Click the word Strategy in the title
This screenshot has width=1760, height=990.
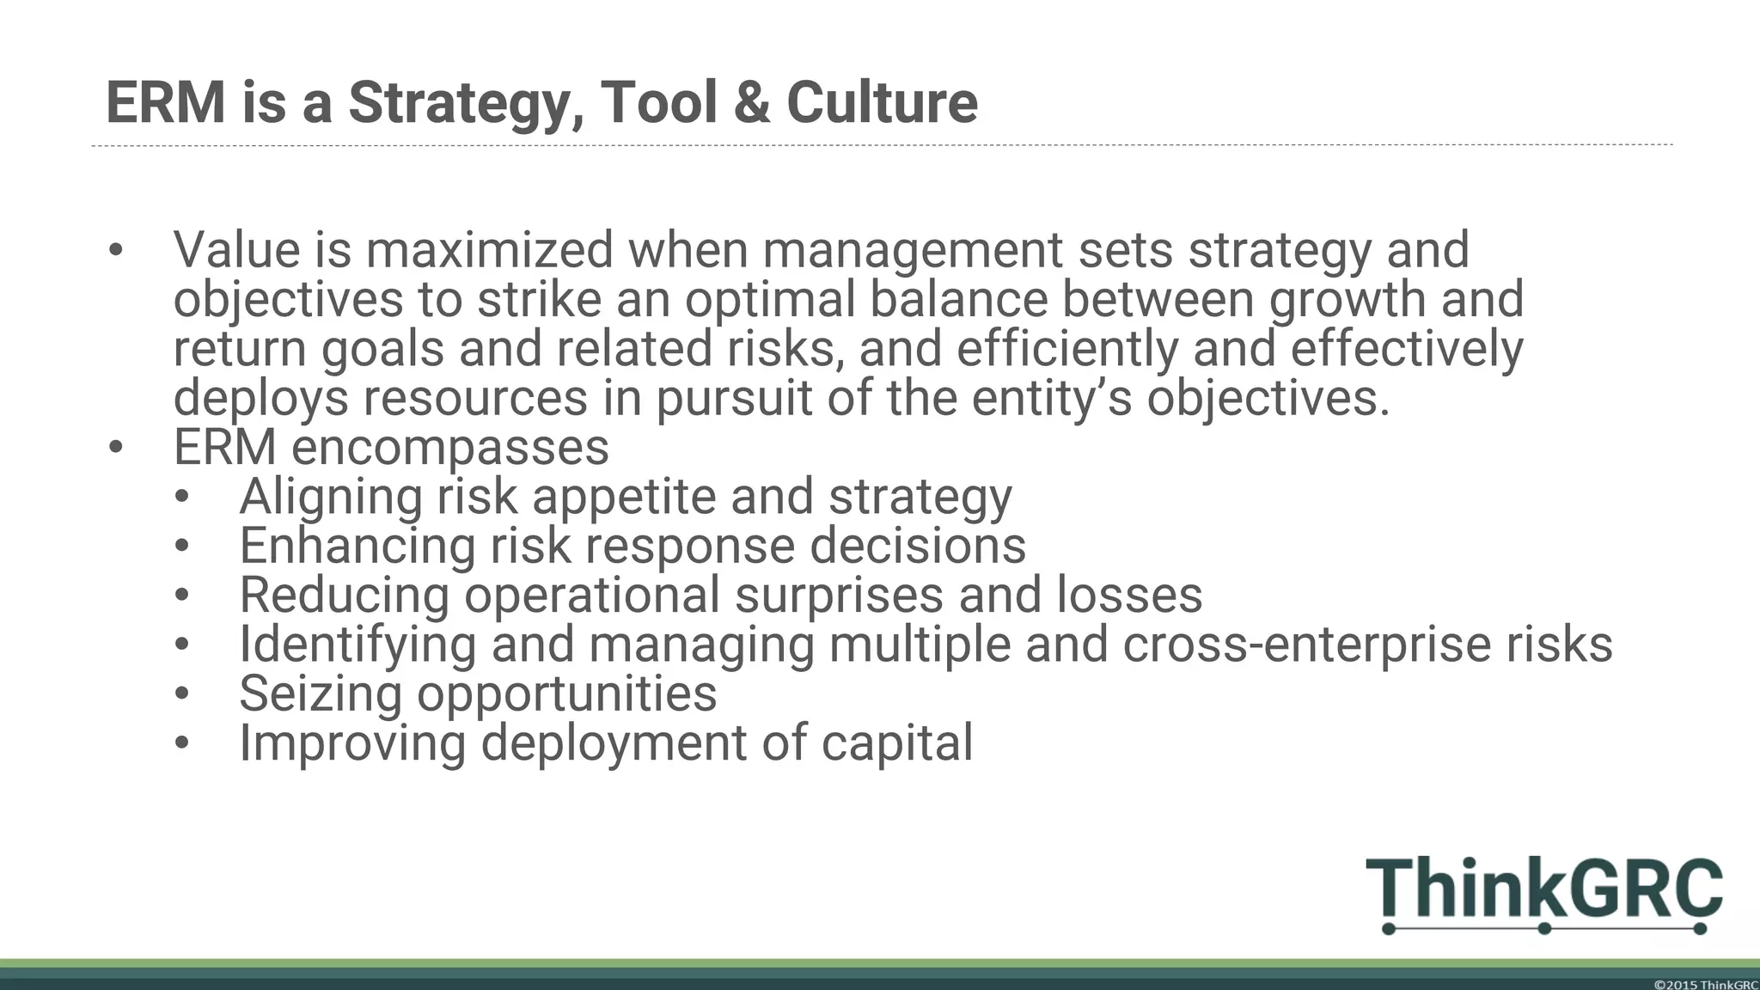459,103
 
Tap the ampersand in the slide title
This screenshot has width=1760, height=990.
752,103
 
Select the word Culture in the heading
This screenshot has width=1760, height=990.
882,103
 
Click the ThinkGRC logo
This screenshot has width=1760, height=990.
1543,894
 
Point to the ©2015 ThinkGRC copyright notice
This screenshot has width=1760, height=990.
1705,984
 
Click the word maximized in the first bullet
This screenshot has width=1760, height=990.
489,250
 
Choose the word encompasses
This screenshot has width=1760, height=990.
449,448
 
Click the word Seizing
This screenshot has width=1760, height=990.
321,694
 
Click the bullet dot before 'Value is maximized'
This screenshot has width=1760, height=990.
116,250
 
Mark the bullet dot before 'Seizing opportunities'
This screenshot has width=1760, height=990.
181,694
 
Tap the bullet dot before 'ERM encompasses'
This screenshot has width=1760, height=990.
116,448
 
